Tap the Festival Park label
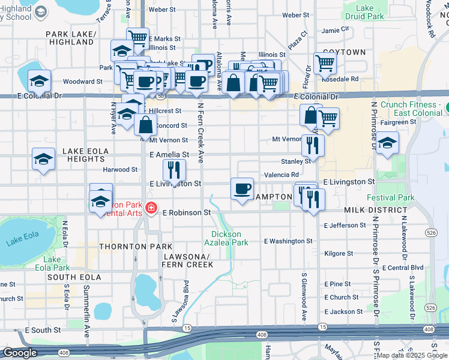point(391,197)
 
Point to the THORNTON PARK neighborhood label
point(136,247)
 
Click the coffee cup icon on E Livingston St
point(242,189)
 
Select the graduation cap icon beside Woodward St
point(40,80)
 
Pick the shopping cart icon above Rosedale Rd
point(325,62)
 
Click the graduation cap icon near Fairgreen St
point(388,143)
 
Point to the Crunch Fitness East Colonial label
point(410,109)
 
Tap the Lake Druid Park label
point(364,12)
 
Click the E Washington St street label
point(288,241)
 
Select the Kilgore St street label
point(338,254)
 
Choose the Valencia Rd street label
point(282,175)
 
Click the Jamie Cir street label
point(335,29)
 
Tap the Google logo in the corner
point(20,353)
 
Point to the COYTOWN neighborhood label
point(344,52)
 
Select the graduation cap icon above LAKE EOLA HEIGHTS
point(44,158)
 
